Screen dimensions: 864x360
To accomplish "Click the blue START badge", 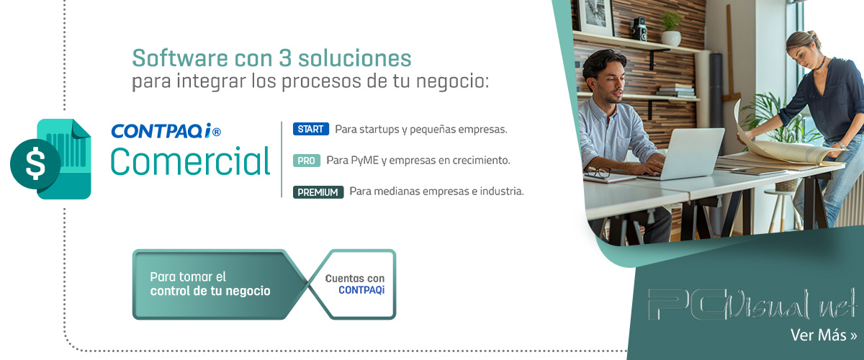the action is tap(311, 129).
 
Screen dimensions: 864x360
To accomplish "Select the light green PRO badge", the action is tap(307, 161).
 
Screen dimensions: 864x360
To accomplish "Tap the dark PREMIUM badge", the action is tap(318, 192).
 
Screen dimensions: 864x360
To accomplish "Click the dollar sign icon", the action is tap(35, 164).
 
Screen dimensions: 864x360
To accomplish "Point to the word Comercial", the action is tap(190, 161).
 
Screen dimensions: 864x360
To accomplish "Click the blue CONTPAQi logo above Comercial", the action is tap(166, 131).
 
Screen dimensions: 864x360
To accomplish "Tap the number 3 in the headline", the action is tap(285, 58).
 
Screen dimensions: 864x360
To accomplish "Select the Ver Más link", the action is tap(823, 335).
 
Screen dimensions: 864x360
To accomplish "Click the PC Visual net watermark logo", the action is tap(752, 305).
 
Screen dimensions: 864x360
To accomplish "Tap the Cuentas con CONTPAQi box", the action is tap(355, 284).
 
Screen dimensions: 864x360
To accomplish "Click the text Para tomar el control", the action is tap(210, 284).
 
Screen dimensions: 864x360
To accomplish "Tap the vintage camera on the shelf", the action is tap(639, 29).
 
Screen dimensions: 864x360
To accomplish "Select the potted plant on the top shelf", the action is tap(671, 29).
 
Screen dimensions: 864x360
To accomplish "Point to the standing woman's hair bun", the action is tap(814, 35).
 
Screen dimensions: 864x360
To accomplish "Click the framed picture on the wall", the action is tap(595, 15).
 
